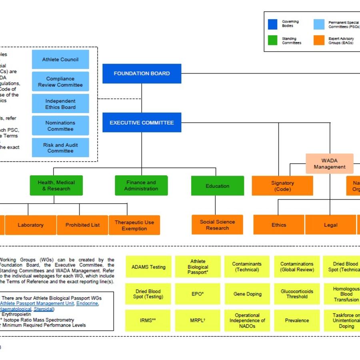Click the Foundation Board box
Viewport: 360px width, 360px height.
[142, 74]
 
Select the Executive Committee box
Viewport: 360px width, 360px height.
[142, 122]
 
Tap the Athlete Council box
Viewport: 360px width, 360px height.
[60, 60]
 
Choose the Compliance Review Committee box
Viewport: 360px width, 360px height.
[60, 82]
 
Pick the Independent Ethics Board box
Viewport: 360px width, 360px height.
[60, 104]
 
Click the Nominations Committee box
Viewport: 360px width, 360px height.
[60, 126]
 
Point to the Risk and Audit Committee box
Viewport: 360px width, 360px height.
[60, 148]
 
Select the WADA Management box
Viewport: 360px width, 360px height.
[330, 164]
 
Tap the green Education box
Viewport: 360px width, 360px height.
[217, 186]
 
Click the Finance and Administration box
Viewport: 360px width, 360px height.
[141, 186]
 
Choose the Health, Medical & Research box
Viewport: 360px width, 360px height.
[56, 186]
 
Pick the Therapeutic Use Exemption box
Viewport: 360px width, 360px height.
[134, 225]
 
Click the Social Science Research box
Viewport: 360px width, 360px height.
[217, 225]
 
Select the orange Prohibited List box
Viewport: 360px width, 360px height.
[83, 225]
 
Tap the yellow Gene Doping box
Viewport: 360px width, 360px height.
[247, 294]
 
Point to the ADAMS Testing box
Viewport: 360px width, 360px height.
[148, 267]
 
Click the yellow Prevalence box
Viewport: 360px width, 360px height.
[297, 320]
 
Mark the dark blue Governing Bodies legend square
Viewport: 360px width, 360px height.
[273, 24]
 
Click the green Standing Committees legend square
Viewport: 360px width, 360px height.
[273, 40]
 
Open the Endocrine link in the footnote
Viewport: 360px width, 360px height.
[87, 304]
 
